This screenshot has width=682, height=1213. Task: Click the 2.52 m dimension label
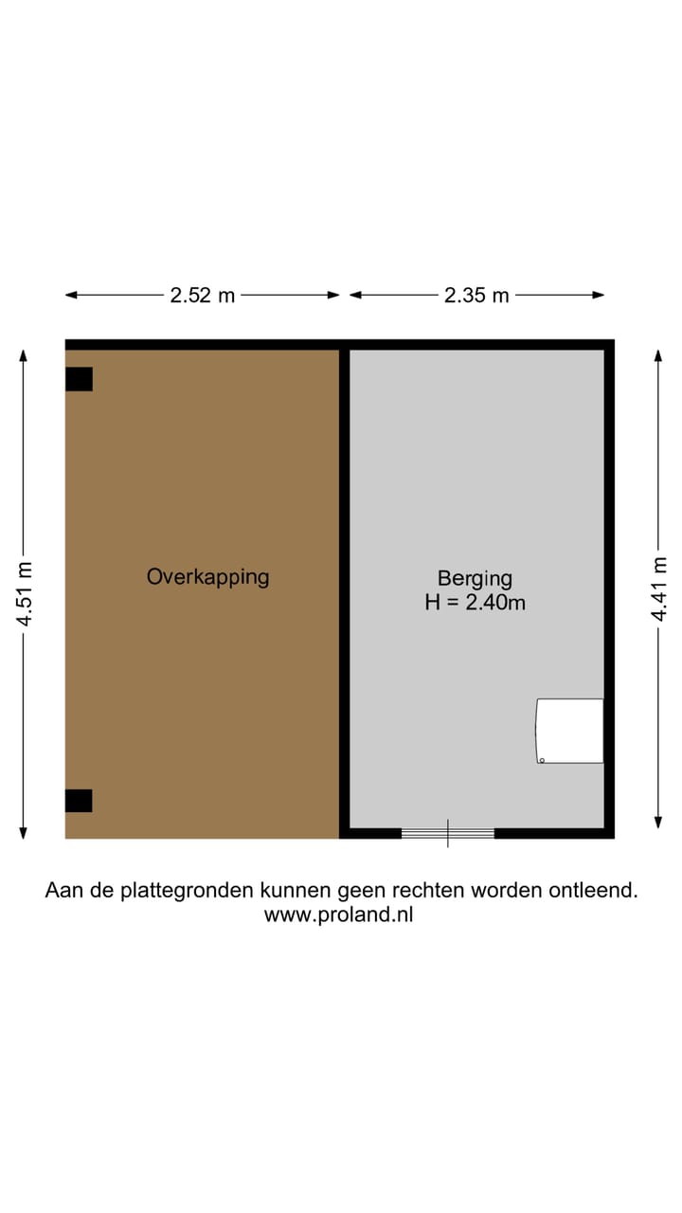[x=202, y=296]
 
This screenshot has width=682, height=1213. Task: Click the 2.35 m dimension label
[x=476, y=296]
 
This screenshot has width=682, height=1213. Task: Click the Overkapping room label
[x=207, y=576]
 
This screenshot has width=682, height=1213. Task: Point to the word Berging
[x=475, y=578]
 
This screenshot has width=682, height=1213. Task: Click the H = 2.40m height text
[x=475, y=602]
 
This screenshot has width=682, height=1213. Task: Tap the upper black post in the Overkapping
[x=79, y=379]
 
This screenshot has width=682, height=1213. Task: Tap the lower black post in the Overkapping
[x=79, y=801]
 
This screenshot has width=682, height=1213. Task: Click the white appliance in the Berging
[x=570, y=731]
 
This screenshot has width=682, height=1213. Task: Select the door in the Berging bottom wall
[x=448, y=833]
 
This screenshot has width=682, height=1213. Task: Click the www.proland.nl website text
[x=338, y=914]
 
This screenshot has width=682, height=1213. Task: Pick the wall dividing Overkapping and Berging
[x=345, y=588]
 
